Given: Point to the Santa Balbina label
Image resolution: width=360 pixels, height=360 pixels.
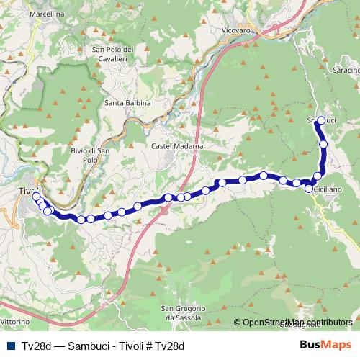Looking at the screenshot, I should point(127,103).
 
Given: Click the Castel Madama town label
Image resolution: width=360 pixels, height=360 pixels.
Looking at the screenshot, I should point(177,146).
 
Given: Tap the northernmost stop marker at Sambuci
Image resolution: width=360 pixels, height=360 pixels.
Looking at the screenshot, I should point(321,120).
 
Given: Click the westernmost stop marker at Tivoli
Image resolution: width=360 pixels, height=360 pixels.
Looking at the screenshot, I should point(36,196).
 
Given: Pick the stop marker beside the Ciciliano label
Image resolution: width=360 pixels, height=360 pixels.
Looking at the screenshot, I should point(309,189).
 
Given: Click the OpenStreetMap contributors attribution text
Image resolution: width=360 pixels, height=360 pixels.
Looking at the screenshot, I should point(297,322).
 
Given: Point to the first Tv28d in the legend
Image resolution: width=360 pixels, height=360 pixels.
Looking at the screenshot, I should point(36,346).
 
